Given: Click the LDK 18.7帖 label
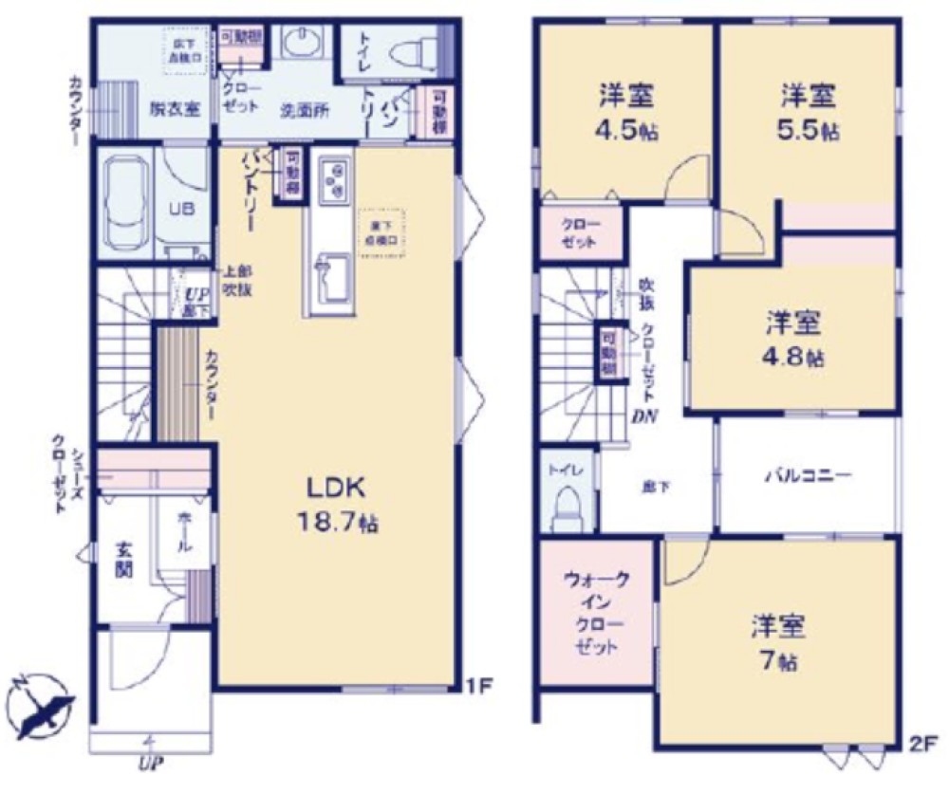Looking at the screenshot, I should click(x=336, y=505).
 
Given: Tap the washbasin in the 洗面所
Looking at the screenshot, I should click(x=305, y=44).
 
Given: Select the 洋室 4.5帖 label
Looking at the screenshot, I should click(x=624, y=110).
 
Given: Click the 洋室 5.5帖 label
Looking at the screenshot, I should click(x=809, y=110).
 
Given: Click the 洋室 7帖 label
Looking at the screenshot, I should click(x=778, y=642).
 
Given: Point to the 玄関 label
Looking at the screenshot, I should click(x=124, y=559).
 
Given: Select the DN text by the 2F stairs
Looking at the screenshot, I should click(x=645, y=415).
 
